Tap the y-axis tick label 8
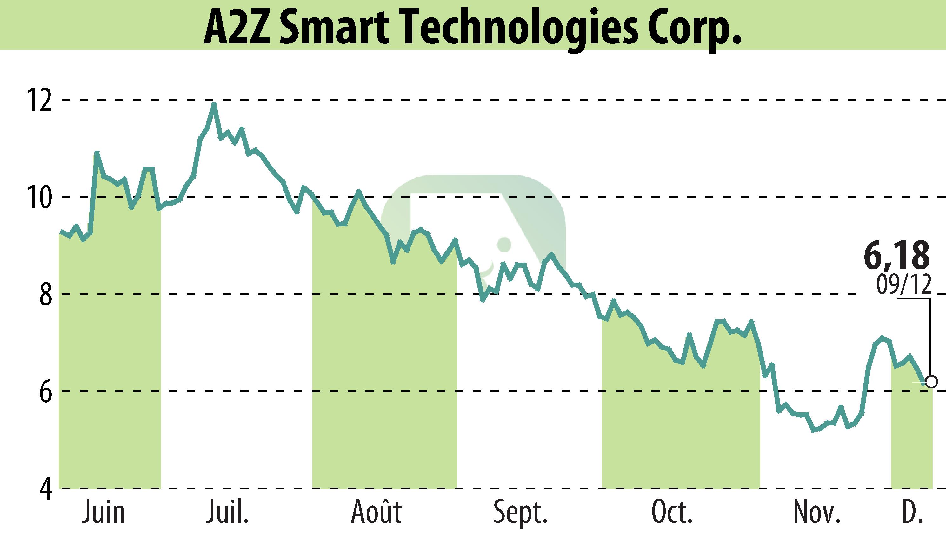[45, 295]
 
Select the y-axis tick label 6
[45, 392]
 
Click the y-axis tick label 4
[45, 489]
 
